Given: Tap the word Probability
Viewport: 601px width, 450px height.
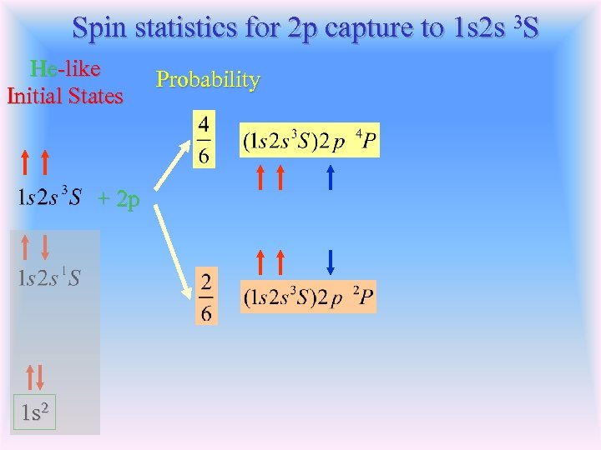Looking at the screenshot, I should pos(208,80).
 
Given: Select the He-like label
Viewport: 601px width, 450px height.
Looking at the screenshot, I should pos(65,68).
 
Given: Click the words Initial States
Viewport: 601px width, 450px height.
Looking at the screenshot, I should pos(65,96).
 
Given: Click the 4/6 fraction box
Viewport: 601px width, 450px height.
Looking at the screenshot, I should pos(205,140).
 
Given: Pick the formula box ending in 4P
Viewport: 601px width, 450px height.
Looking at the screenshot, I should pos(310,140).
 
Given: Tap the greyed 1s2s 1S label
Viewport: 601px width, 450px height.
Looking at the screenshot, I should pos(49,277).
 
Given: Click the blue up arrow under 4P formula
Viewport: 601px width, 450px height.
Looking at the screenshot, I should pos(331,177).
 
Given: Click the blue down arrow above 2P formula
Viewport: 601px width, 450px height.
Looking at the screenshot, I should pos(331,262).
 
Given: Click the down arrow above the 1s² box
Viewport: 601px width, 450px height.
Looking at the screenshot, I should pos(38,378).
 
